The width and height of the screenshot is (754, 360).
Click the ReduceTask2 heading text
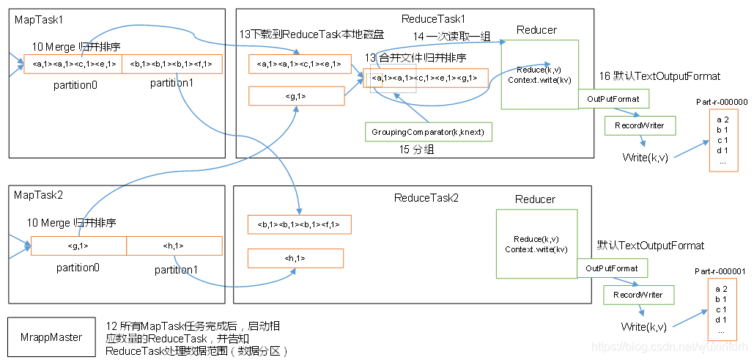[426, 198]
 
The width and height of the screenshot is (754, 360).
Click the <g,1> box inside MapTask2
[78, 246]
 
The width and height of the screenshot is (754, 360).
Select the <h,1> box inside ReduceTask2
[295, 258]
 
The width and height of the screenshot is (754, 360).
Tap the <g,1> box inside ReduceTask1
[296, 96]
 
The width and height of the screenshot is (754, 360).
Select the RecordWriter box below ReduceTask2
[633, 295]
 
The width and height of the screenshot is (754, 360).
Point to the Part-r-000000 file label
[721, 103]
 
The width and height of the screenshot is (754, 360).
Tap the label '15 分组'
[415, 150]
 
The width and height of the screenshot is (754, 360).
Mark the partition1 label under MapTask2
[176, 270]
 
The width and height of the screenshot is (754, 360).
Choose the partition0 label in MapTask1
[75, 85]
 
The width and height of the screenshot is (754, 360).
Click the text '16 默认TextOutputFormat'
[659, 76]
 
